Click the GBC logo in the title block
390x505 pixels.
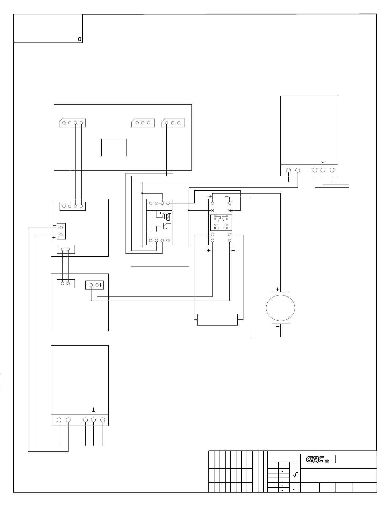tap(315, 459)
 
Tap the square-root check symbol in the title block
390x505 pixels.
tap(295, 475)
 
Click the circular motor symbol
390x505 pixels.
tap(280, 308)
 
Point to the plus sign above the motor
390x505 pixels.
tap(278, 289)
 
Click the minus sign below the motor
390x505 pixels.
tap(278, 326)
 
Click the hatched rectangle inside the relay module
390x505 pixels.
tap(168, 217)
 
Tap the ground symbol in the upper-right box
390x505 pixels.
tap(322, 160)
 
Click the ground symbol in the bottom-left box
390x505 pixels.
tap(93, 410)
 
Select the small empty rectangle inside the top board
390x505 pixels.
tap(114, 147)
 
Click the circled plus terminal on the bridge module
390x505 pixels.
tap(230, 210)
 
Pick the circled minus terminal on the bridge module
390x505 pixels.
tap(213, 210)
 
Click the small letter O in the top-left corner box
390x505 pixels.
tap(80, 39)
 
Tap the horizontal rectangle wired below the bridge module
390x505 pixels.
tap(217, 319)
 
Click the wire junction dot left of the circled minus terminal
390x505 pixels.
tap(189, 210)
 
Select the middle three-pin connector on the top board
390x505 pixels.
tap(143, 123)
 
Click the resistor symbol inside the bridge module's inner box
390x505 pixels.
tap(221, 228)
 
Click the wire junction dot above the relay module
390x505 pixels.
tap(142, 193)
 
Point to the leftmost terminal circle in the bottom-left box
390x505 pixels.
tap(59, 420)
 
